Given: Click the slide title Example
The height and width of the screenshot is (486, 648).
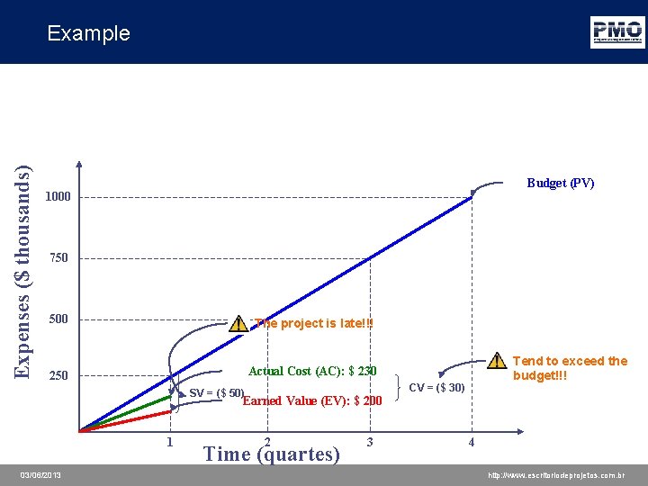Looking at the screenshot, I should (88, 33).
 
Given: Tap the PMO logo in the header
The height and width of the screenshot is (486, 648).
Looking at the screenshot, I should (616, 31).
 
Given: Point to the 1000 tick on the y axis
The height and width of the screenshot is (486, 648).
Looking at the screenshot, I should (58, 197).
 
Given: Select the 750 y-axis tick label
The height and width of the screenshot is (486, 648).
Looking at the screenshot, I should (58, 258).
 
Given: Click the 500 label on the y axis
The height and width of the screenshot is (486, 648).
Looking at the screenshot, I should (58, 319).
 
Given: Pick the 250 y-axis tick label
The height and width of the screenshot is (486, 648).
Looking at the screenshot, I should (58, 376).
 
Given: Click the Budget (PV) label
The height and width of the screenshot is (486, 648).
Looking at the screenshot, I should (560, 183).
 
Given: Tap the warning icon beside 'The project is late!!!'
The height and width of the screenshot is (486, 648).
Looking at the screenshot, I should (238, 323).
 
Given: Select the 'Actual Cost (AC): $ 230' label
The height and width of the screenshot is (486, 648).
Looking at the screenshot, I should (312, 371).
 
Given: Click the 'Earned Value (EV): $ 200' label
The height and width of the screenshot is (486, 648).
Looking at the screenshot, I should (312, 400).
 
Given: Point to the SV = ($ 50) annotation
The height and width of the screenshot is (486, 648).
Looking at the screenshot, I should (216, 393).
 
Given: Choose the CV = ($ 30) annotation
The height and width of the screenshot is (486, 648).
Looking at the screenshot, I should (436, 388).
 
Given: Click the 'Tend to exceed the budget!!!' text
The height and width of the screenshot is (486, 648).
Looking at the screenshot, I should (570, 368).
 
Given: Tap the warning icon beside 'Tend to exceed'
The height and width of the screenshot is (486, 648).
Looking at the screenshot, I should (496, 362).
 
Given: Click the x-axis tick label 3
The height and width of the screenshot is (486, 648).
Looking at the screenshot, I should (370, 442).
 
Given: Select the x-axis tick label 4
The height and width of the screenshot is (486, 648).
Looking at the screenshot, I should (471, 442).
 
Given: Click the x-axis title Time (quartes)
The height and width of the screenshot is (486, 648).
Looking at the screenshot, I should (273, 454).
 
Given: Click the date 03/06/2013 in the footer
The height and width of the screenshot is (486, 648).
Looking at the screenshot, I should (41, 474).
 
